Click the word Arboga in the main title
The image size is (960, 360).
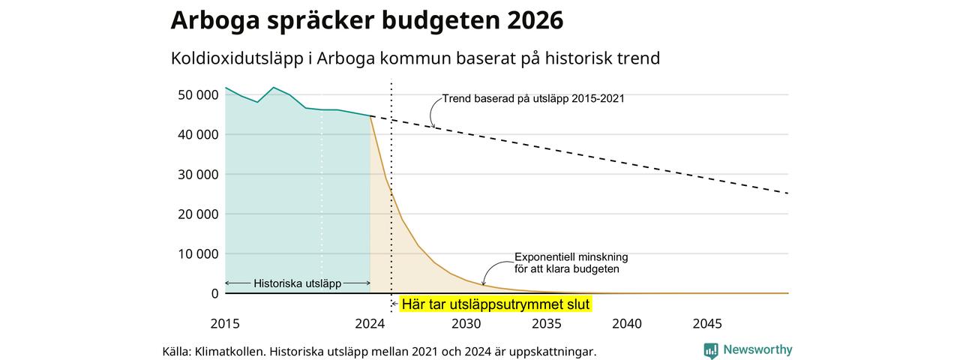click(x=214, y=21)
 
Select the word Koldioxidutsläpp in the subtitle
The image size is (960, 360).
click(x=237, y=58)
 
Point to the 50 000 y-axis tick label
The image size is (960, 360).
click(x=198, y=94)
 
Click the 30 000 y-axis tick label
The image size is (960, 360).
click(x=198, y=175)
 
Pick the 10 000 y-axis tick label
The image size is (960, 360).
click(x=198, y=254)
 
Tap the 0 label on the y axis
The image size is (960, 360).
click(x=214, y=294)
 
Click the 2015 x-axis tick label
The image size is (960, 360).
click(x=225, y=323)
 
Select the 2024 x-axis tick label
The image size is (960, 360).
click(x=370, y=323)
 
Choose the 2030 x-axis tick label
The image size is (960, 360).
click(x=466, y=323)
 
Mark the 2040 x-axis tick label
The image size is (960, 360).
click(x=627, y=323)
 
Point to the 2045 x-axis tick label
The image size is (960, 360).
click(x=707, y=323)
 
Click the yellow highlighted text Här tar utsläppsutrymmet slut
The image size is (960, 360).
click(x=496, y=304)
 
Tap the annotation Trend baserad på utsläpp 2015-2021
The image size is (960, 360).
click(x=533, y=98)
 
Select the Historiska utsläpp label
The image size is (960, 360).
click(x=298, y=283)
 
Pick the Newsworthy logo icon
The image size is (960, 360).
click(x=711, y=350)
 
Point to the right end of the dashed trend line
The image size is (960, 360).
click(x=788, y=193)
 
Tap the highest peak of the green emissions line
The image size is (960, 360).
click(x=274, y=88)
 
